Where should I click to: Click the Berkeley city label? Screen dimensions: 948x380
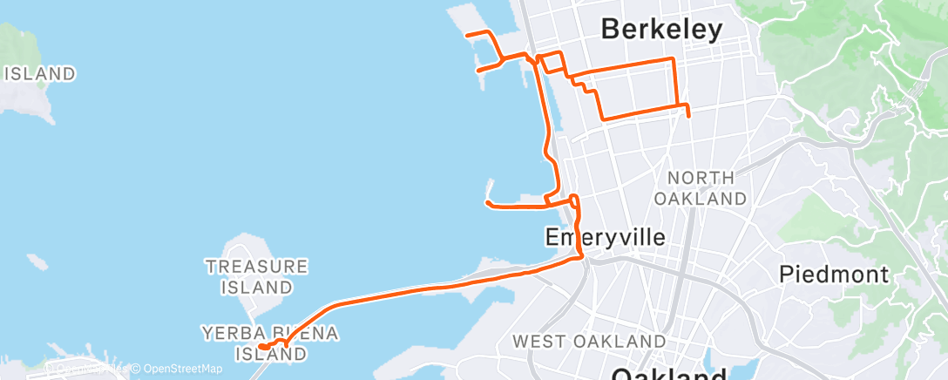[662, 30]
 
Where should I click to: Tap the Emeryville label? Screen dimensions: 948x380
[605, 237]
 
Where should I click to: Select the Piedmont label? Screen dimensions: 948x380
[833, 275]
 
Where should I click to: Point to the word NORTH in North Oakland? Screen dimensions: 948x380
[706, 178]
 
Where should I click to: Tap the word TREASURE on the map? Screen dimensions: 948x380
[256, 266]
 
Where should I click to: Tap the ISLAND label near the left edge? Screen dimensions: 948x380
[40, 74]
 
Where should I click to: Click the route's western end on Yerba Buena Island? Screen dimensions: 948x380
[261, 348]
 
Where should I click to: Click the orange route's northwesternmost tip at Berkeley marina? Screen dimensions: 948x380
[468, 34]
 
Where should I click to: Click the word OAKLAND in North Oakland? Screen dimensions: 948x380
[706, 199]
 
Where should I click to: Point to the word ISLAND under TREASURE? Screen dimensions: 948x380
[256, 286]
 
